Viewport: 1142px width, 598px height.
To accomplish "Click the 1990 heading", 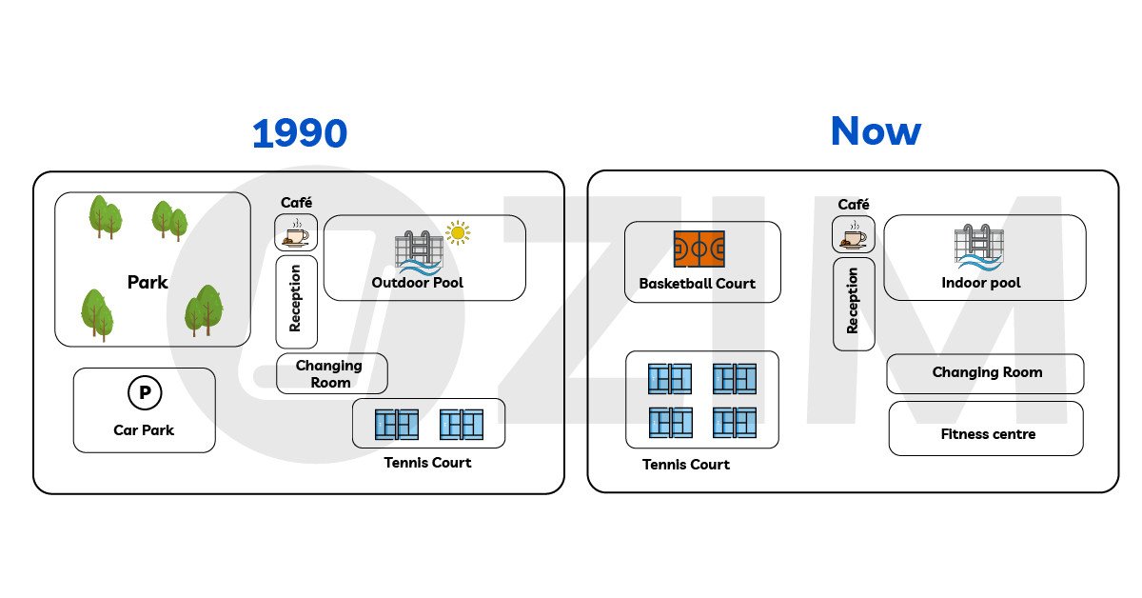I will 299,134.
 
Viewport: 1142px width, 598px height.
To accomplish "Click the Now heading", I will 875,131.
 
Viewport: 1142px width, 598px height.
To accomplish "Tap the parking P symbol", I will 144,392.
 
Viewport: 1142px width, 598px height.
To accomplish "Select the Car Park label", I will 144,429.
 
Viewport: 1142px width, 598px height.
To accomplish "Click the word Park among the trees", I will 148,282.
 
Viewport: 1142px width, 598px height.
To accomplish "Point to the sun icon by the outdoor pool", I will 459,232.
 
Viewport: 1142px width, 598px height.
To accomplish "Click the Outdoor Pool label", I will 417,283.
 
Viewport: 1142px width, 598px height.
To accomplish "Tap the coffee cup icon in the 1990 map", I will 296,232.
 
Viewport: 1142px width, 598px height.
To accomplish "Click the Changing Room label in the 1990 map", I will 329,373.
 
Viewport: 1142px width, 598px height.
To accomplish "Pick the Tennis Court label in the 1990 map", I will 427,463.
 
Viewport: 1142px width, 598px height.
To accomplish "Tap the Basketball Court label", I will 698,283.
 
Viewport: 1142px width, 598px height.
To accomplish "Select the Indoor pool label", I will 981,283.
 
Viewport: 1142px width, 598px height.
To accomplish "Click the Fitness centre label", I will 987,434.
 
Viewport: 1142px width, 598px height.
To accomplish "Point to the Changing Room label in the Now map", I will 987,372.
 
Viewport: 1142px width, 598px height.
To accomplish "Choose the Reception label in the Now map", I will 853,300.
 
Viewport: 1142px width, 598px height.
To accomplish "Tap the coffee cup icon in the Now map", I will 854,235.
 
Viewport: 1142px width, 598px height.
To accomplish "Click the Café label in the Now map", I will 854,205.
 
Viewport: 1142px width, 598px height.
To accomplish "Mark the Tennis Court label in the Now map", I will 686,465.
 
